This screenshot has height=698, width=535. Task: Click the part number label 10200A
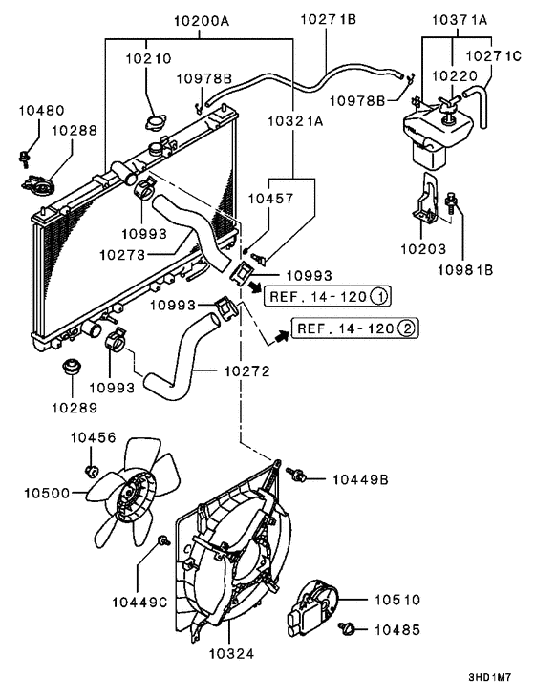click(x=200, y=18)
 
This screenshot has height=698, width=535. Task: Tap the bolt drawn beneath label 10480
click(x=23, y=153)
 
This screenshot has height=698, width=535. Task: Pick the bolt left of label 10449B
click(x=298, y=474)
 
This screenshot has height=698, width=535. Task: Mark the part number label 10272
click(x=246, y=370)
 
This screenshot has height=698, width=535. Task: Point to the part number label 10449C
click(x=139, y=602)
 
